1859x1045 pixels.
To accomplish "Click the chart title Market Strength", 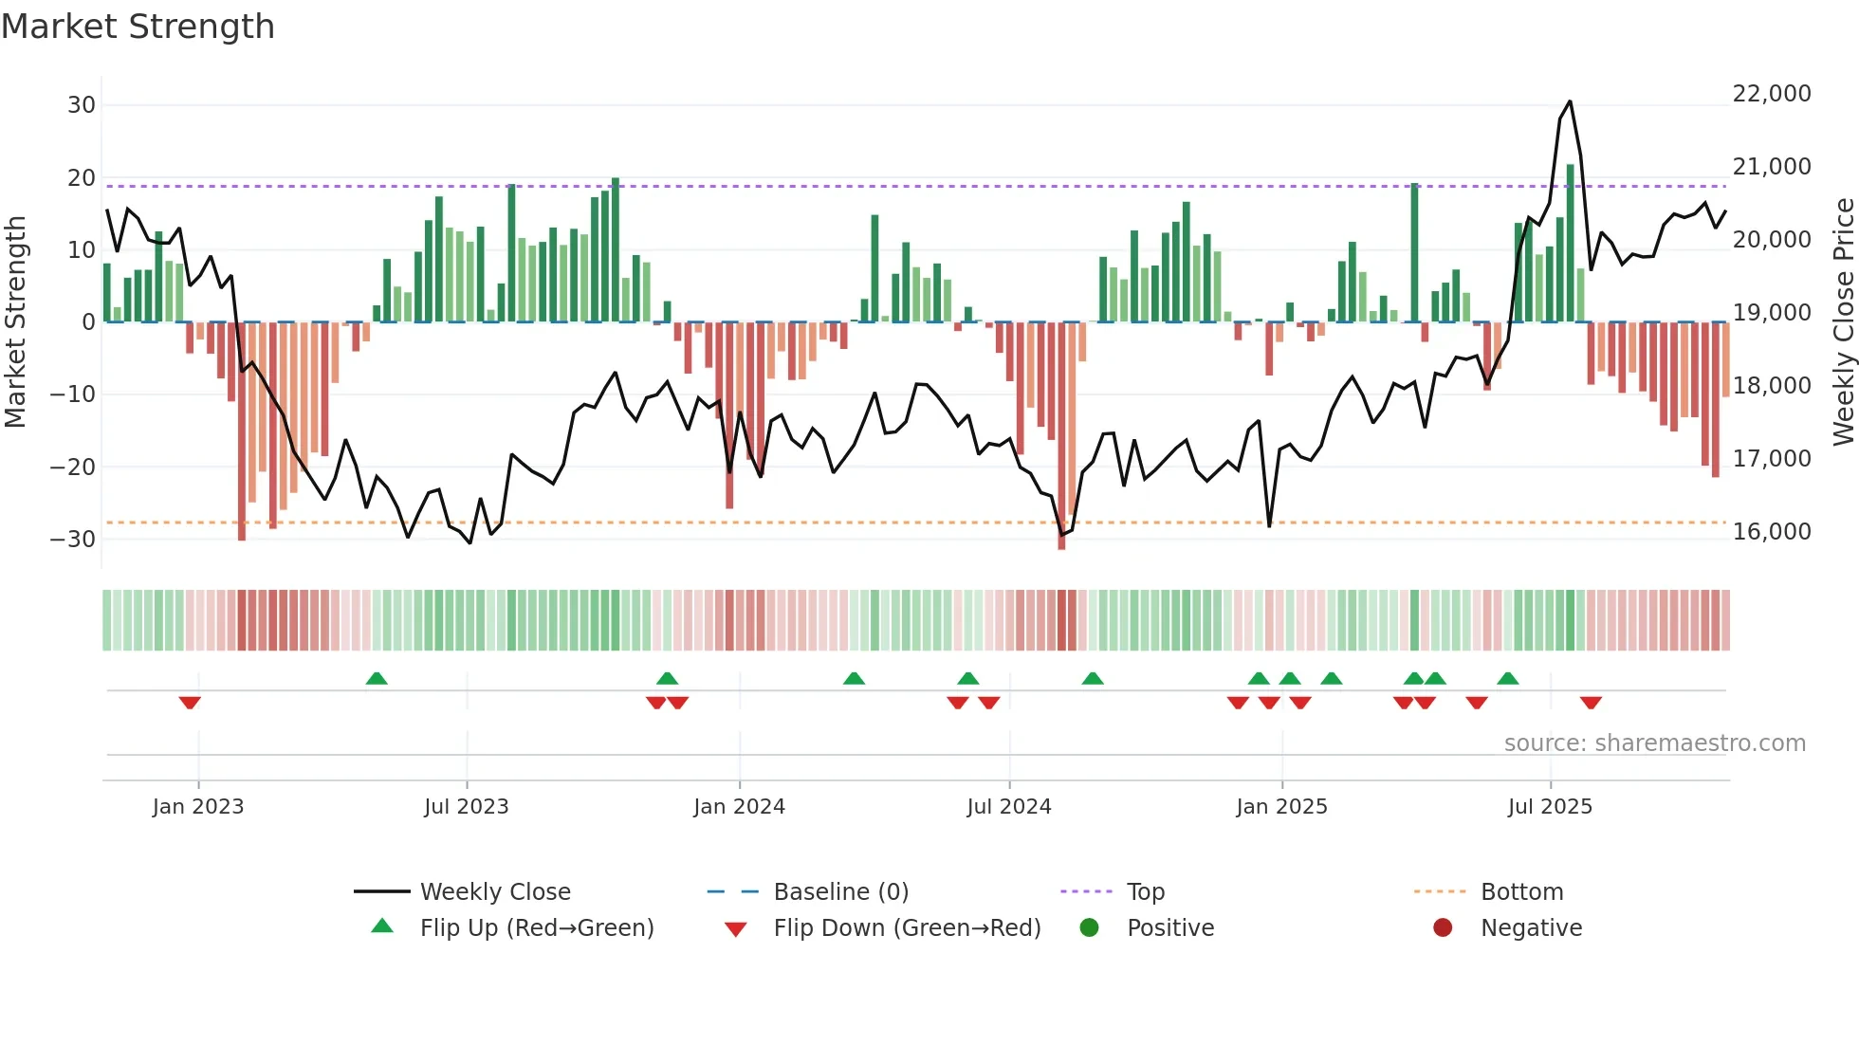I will click(138, 27).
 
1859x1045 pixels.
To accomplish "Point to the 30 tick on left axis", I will click(82, 105).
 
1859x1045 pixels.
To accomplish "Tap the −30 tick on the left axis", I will click(74, 540).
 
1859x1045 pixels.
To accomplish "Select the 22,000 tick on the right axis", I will click(1771, 94).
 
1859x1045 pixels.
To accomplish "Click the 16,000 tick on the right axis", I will click(1771, 532).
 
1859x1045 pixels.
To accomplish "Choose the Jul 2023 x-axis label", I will click(466, 807).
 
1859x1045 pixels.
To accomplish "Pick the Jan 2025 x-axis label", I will click(1281, 807).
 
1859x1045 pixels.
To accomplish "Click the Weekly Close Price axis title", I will click(1843, 322).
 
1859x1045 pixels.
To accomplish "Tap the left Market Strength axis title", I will click(15, 322).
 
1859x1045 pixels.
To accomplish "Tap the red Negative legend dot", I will click(1443, 928).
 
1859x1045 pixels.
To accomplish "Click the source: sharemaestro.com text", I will click(1654, 743).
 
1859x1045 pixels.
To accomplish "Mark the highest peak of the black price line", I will click(1570, 101).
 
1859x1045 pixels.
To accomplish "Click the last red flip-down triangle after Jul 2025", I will click(1591, 703).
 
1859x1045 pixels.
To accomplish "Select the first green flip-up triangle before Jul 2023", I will click(377, 678).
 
